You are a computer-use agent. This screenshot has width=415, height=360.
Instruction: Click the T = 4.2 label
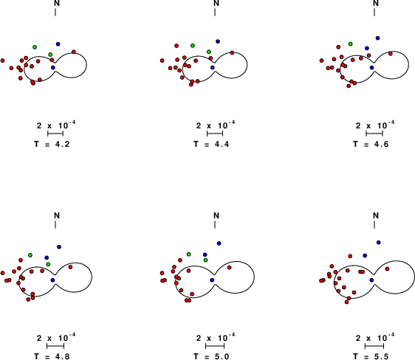pyautogui.click(x=52, y=145)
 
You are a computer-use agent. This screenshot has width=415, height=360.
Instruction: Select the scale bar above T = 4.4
pyautogui.click(x=215, y=134)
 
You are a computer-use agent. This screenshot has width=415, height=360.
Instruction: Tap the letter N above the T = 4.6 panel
pyautogui.click(x=376, y=4)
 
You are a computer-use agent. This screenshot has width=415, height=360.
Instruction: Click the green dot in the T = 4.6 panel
pyautogui.click(x=351, y=44)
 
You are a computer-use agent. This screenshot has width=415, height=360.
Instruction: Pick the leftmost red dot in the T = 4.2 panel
pyautogui.click(x=3, y=60)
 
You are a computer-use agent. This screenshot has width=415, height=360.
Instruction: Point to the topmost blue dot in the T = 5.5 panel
pyautogui.click(x=379, y=243)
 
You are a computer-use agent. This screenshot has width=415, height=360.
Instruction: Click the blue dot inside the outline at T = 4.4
pyautogui.click(x=212, y=68)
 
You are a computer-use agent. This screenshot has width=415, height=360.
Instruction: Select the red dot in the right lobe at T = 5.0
pyautogui.click(x=229, y=268)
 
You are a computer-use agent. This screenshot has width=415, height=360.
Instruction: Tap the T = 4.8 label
pyautogui.click(x=52, y=356)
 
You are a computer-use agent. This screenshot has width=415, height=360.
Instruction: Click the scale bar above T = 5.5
pyautogui.click(x=374, y=346)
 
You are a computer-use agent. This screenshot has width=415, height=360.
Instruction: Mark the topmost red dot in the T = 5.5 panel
pyautogui.click(x=350, y=256)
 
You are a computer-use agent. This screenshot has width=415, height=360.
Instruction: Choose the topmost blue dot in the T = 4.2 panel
pyautogui.click(x=58, y=44)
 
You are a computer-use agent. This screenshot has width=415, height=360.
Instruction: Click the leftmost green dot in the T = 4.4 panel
pyautogui.click(x=193, y=46)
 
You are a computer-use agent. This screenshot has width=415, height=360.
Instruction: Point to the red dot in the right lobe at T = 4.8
pyautogui.click(x=70, y=267)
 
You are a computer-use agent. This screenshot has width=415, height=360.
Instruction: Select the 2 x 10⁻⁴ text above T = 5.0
pyautogui.click(x=216, y=338)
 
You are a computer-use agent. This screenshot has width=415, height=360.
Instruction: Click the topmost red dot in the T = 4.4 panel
pyautogui.click(x=176, y=46)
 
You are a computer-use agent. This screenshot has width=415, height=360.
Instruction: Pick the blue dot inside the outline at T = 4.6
pyautogui.click(x=372, y=68)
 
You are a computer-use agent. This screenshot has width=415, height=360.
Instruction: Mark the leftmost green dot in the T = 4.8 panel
pyautogui.click(x=30, y=255)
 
